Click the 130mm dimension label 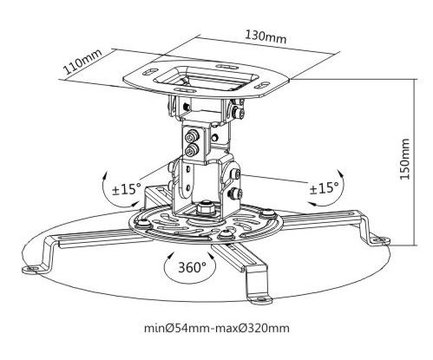266,36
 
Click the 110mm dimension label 82,62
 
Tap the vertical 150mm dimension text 404,159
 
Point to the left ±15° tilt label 127,189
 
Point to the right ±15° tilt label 324,188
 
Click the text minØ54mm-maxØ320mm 217,328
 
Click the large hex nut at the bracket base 205,208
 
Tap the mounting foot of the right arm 380,239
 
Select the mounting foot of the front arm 260,299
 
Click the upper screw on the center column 191,137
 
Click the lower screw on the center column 191,150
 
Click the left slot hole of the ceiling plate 150,72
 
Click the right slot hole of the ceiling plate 261,86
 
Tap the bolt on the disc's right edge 267,213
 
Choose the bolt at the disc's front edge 226,233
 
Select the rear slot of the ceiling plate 225,67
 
